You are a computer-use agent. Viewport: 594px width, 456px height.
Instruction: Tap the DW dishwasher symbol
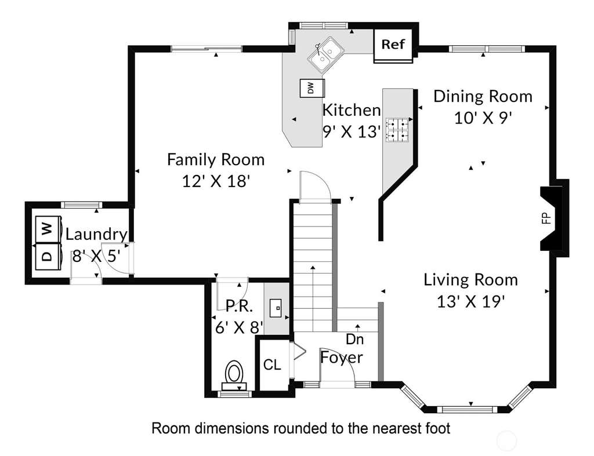pyautogui.click(x=312, y=88)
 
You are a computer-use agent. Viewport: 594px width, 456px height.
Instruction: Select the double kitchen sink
pyautogui.click(x=325, y=56)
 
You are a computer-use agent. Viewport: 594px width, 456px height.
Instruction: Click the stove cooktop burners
pyautogui.click(x=397, y=129)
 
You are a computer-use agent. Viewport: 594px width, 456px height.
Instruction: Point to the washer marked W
pyautogui.click(x=49, y=229)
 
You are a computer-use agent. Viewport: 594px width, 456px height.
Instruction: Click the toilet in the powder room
pyautogui.click(x=234, y=375)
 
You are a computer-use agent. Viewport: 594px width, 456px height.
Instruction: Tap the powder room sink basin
pyautogui.click(x=276, y=308)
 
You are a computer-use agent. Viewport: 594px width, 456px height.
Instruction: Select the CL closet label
pyautogui.click(x=272, y=365)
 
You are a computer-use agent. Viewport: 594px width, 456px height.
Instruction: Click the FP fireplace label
pyautogui.click(x=546, y=218)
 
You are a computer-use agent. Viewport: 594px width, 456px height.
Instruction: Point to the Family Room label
pyautogui.click(x=216, y=159)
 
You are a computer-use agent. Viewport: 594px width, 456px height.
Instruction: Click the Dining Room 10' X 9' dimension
pyautogui.click(x=483, y=118)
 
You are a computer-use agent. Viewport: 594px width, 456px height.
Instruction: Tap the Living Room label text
pyautogui.click(x=470, y=280)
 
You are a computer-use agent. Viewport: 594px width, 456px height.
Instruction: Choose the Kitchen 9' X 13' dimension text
pyautogui.click(x=351, y=132)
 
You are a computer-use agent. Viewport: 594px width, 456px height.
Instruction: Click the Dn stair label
pyautogui.click(x=354, y=339)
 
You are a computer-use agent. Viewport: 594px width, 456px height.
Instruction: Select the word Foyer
pyautogui.click(x=342, y=357)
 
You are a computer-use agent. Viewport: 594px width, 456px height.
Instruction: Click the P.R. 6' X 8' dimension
pyautogui.click(x=239, y=327)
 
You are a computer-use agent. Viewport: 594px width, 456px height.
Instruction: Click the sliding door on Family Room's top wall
pyautogui.click(x=207, y=49)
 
